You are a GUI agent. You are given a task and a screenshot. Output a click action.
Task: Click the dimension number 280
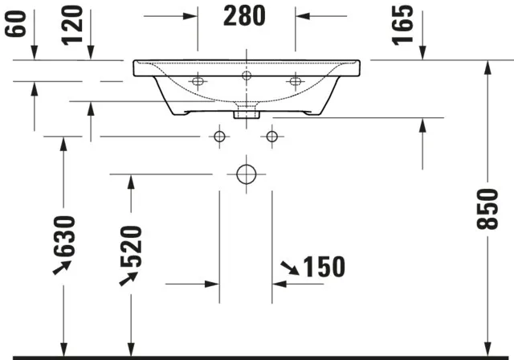pyautogui.click(x=247, y=16)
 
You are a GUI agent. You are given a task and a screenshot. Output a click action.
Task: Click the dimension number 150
pyautogui.click(x=324, y=266)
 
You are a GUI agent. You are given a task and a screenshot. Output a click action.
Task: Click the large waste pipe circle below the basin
pyautogui.click(x=246, y=173)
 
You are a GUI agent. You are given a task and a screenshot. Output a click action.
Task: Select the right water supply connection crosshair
pyautogui.click(x=272, y=137)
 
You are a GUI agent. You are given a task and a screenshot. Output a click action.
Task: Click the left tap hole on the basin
pyautogui.click(x=198, y=80)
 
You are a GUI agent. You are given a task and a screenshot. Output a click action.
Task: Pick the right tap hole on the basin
pyautogui.click(x=296, y=80)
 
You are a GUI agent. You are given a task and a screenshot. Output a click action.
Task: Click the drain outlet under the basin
pyautogui.click(x=246, y=112)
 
